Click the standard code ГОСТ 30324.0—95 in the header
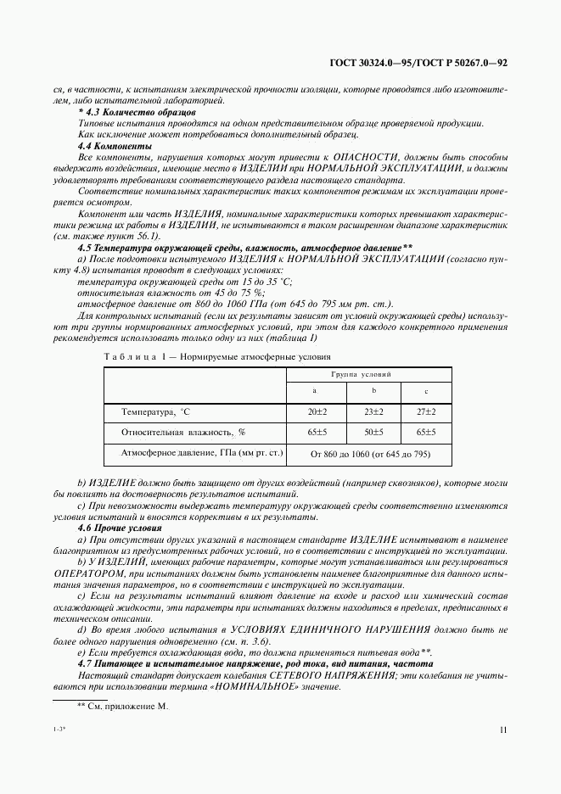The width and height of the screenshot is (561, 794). tap(375, 64)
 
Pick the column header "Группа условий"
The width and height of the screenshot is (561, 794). tap(361, 374)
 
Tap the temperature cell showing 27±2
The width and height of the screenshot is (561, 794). tap(425, 411)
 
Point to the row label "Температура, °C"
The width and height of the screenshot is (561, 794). tap(156, 411)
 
